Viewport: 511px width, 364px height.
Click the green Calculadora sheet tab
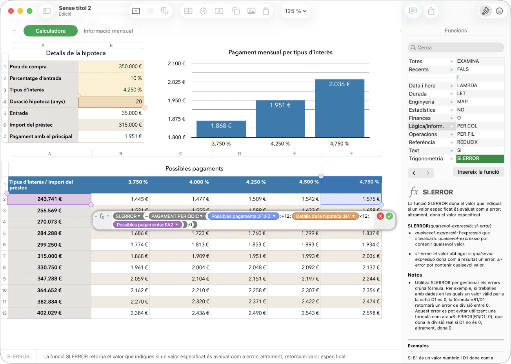(51, 31)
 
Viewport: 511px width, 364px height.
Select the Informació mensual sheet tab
(108, 31)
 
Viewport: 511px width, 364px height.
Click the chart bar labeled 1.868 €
(221, 129)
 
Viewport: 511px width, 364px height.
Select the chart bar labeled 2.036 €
(340, 108)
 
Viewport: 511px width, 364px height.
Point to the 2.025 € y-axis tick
(176, 82)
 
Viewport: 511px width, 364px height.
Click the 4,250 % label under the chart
(280, 144)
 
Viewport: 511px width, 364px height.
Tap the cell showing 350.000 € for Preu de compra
(111, 66)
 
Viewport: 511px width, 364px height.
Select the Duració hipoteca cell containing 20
(111, 101)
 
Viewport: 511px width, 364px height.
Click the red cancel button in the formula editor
(380, 216)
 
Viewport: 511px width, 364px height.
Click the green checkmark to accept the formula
(389, 216)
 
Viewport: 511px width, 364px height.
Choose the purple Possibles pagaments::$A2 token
(147, 225)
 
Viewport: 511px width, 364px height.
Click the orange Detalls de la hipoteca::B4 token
(325, 216)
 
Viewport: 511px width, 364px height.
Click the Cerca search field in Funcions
(456, 47)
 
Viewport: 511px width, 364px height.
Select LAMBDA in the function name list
(467, 86)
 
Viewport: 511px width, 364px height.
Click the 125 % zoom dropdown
(295, 11)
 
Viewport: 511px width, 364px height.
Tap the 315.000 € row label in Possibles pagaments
(49, 256)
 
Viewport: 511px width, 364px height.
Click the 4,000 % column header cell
(180, 185)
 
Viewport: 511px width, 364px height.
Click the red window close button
(11, 11)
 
